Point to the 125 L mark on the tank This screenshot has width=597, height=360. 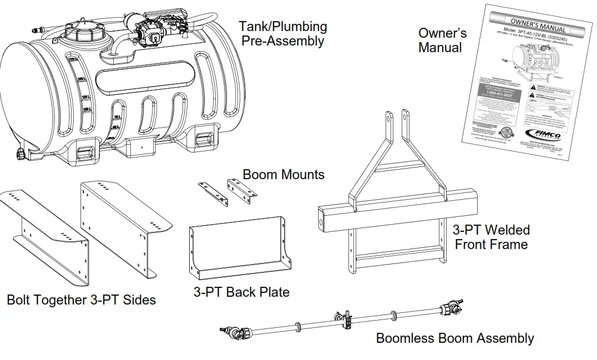tap(85, 98)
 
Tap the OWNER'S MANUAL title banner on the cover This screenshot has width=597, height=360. tap(538, 26)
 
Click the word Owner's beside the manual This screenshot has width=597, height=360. tap(442, 33)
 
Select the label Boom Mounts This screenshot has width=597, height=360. tap(284, 174)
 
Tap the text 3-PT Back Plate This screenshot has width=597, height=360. tap(241, 292)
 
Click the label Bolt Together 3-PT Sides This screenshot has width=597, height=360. tap(81, 300)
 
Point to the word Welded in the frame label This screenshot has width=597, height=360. tap(505, 230)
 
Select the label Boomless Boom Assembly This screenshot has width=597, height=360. tap(454, 338)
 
